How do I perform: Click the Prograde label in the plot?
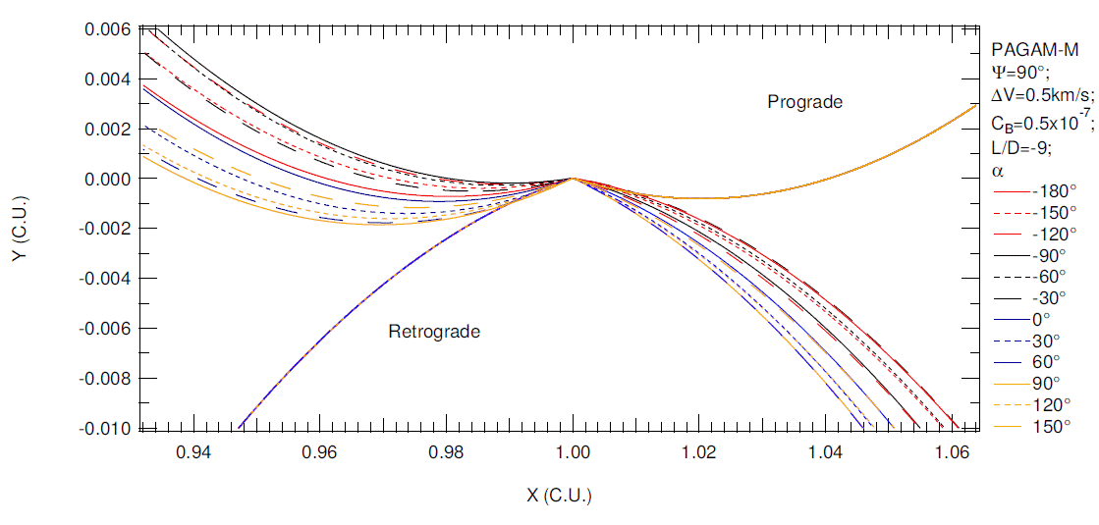(x=805, y=102)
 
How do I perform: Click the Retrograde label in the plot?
(x=434, y=332)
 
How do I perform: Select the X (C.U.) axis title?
(x=560, y=495)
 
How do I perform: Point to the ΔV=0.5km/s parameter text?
(x=1042, y=95)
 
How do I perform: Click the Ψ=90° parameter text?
(x=1020, y=72)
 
